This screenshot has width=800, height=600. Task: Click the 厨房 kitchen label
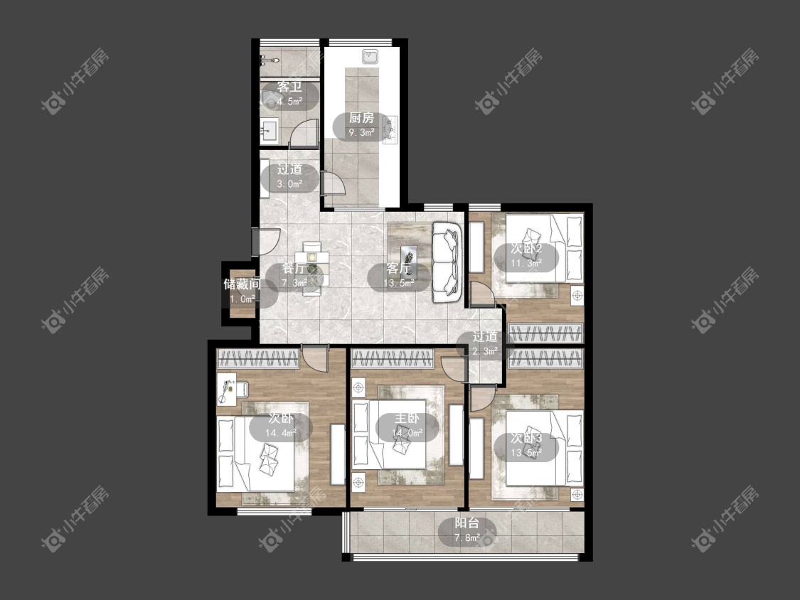point(361,119)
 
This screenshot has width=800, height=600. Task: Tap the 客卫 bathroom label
point(289,87)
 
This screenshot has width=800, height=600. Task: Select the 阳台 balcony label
point(466,523)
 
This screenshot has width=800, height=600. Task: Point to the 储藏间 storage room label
point(242,284)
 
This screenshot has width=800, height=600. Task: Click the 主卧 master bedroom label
point(407,419)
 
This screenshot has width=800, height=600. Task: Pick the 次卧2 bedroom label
point(526,249)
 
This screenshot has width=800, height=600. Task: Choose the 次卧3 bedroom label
point(526,438)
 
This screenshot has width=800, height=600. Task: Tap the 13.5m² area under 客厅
point(399,283)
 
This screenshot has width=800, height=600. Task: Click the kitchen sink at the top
point(370,55)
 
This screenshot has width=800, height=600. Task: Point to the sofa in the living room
point(447,262)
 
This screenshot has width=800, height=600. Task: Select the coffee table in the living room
point(409,260)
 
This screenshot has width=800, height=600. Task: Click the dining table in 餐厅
point(311,269)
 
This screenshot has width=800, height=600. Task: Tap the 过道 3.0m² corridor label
point(289,176)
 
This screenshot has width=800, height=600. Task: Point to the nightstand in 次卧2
point(577,296)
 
